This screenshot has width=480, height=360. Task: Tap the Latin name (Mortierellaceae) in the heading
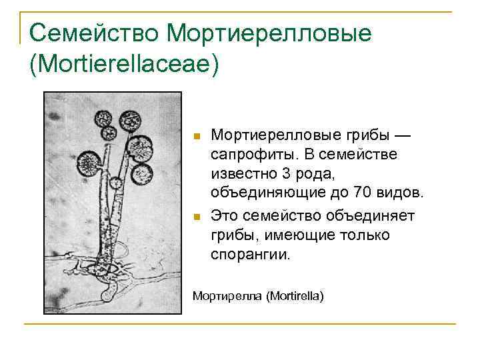(x=124, y=65)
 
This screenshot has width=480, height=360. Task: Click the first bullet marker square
(x=196, y=137)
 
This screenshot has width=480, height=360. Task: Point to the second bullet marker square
(x=196, y=217)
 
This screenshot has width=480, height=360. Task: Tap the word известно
(x=241, y=175)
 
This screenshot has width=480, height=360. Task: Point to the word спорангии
(x=251, y=255)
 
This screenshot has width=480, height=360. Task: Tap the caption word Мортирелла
(x=226, y=294)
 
